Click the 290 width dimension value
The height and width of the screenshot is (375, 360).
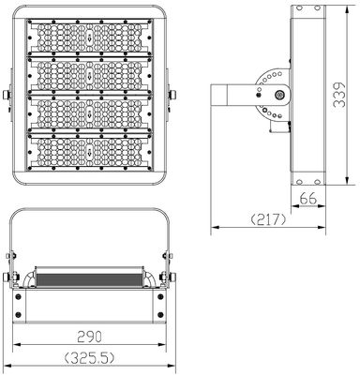click(x=89, y=337)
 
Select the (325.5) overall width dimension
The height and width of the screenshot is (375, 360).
click(x=89, y=358)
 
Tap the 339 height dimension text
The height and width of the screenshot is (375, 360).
click(x=338, y=95)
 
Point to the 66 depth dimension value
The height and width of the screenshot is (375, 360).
click(x=308, y=199)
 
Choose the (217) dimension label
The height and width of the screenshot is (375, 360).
click(x=268, y=219)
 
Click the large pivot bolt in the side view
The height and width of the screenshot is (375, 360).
click(x=279, y=95)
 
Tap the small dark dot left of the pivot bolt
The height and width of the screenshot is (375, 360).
click(x=259, y=95)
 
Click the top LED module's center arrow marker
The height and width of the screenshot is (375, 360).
click(x=90, y=37)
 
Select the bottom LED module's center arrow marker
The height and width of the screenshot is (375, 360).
click(x=90, y=152)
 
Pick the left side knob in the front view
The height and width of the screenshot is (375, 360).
click(x=7, y=95)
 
